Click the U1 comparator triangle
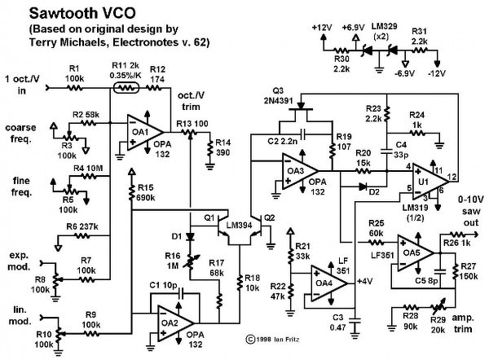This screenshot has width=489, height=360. (x=427, y=179)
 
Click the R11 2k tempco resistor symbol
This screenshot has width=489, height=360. (x=125, y=83)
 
